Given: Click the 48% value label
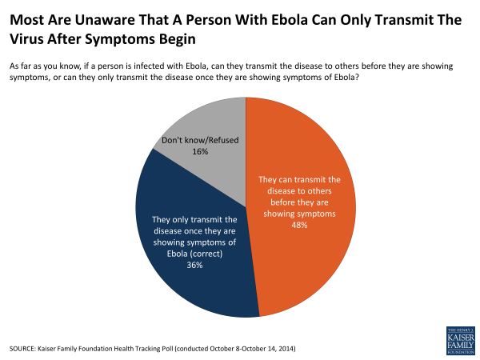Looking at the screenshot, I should (x=300, y=225).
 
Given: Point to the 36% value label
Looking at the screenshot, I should (x=194, y=266).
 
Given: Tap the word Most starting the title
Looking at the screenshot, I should (x=27, y=18).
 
